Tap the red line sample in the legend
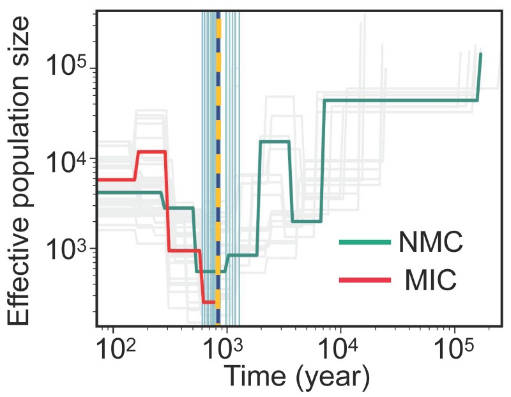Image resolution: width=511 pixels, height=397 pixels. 364,279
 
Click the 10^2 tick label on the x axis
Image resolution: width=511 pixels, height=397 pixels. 117,348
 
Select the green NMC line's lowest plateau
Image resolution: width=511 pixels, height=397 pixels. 208,272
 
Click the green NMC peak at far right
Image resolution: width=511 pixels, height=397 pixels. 480,54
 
